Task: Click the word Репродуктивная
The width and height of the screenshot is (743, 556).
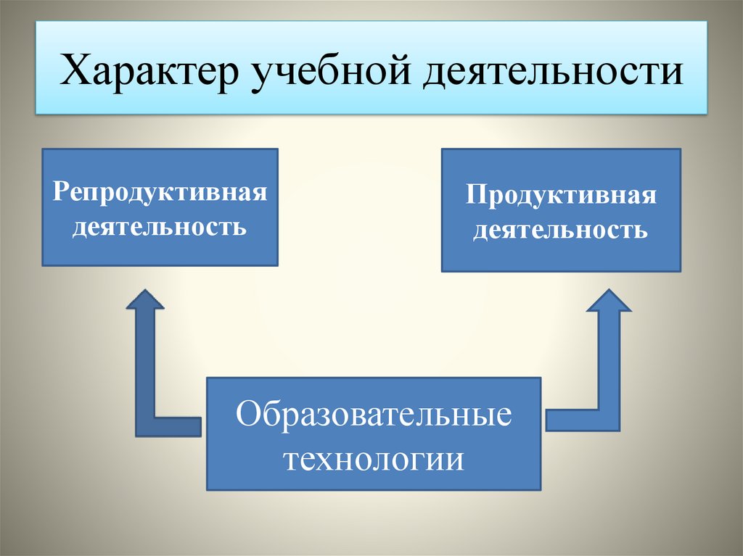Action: tap(160, 194)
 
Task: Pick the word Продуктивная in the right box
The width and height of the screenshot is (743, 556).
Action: tap(561, 196)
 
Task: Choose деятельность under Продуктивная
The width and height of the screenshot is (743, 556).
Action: tap(561, 231)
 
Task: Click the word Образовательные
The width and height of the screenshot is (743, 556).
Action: tap(374, 419)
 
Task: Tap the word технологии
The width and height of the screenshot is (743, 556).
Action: tap(374, 459)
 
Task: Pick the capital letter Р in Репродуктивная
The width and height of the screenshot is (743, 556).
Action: tap(59, 194)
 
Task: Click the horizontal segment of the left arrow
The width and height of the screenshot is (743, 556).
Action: tap(174, 426)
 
